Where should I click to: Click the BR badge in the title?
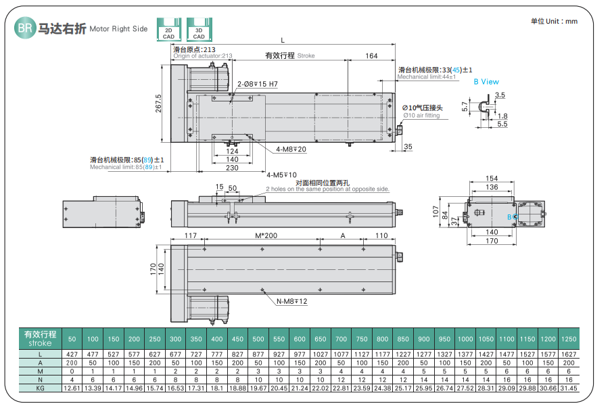point(25,28)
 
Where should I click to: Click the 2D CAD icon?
point(168,30)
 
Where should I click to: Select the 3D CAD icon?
point(199,30)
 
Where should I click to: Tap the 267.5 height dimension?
point(158,104)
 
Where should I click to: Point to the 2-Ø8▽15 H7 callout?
point(258,84)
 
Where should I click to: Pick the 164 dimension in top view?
point(371,56)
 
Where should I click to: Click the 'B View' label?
point(486,82)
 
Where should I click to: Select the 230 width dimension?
point(231,168)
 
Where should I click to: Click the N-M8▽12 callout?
point(291,301)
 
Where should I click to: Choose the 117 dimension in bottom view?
point(190,236)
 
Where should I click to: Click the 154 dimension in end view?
point(492,179)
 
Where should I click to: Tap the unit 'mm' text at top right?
point(571,21)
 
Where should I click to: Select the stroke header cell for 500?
point(258,338)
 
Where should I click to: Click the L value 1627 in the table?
point(569,354)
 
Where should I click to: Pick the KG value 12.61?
point(72,388)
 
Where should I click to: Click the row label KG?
point(41,388)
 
